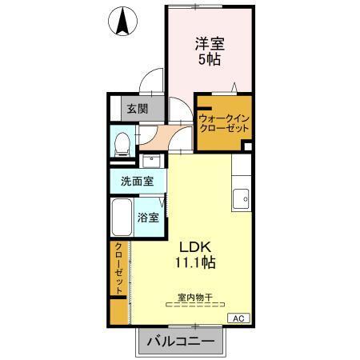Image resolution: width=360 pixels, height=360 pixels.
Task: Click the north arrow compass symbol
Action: coord(122,22)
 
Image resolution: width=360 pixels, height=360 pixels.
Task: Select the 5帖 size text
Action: coord(210,60)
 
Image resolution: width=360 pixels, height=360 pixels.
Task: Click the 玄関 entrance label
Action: coord(135,109)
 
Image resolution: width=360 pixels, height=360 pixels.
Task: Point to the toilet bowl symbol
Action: coord(122,145)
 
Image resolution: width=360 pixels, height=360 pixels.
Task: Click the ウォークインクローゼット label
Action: coord(225,123)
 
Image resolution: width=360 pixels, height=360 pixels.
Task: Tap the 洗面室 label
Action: coord(138,182)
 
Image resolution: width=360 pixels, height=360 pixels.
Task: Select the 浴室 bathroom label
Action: coord(147,217)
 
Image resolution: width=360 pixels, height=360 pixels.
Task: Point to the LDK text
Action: coord(194,246)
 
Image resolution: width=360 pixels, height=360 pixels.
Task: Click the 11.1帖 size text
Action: coord(194,262)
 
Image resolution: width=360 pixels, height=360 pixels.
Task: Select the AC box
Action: coord(238,318)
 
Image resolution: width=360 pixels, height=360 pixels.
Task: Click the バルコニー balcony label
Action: coord(180,342)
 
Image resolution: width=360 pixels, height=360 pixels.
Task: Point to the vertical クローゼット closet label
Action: coord(118,269)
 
